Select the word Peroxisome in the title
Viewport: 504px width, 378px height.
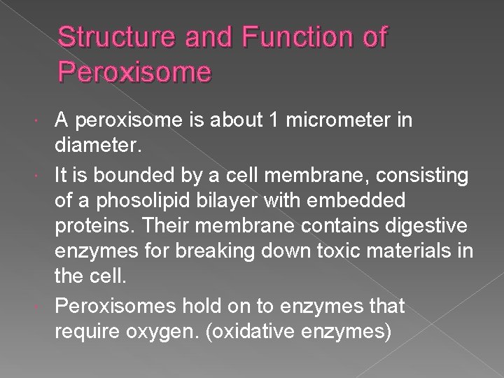[x=134, y=72]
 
